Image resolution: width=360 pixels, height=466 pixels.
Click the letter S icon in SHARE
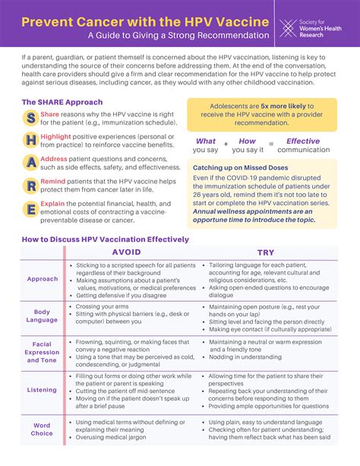click(30, 118)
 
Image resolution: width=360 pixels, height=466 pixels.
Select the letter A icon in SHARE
click(30, 163)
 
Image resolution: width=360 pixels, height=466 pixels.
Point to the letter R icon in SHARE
click(30, 186)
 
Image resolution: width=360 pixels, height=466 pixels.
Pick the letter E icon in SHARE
click(30, 210)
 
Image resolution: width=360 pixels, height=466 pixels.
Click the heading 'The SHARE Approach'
click(62, 102)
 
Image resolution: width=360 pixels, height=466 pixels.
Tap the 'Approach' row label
click(43, 279)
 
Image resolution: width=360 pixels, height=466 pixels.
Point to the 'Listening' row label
click(43, 390)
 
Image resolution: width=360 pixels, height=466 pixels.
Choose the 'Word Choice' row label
click(43, 430)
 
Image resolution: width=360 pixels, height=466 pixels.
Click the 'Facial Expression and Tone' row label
click(43, 352)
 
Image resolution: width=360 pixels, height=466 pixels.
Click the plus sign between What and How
click(226, 143)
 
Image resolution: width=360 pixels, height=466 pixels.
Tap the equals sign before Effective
click(271, 143)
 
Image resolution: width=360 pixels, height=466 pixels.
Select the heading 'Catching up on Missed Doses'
click(240, 167)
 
